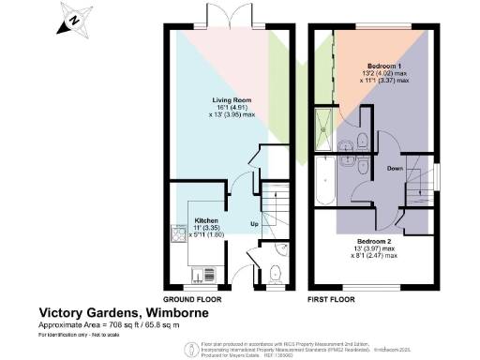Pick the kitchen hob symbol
click(178, 232)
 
